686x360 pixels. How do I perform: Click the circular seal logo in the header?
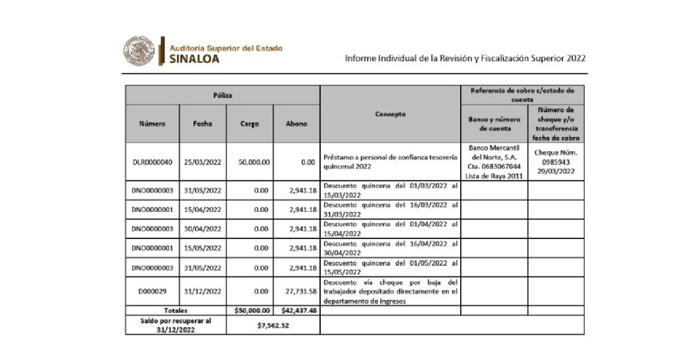click(x=138, y=51)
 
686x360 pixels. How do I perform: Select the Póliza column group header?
click(x=222, y=95)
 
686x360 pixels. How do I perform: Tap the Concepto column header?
click(x=390, y=114)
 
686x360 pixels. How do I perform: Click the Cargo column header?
click(x=250, y=123)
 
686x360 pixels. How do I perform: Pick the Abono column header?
click(x=296, y=123)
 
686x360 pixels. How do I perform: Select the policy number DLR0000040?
click(x=152, y=162)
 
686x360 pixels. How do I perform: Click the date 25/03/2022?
click(x=202, y=162)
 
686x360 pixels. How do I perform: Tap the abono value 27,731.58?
click(x=300, y=291)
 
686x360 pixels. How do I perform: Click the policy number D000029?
click(x=152, y=291)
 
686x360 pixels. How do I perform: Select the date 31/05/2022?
click(x=202, y=267)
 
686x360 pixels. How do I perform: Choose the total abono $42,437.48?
click(x=299, y=311)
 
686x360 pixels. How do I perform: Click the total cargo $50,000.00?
click(x=251, y=311)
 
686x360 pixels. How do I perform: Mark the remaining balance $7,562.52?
click(x=273, y=325)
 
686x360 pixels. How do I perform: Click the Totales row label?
click(x=176, y=311)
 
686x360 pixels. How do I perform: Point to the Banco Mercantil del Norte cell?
click(x=494, y=162)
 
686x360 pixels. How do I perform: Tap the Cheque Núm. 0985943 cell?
click(x=556, y=162)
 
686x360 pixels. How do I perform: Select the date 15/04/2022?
click(x=202, y=210)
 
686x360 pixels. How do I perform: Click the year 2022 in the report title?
click(x=573, y=58)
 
